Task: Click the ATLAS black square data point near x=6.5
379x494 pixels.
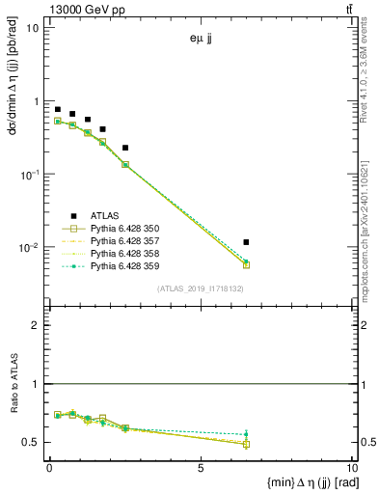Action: (x=247, y=242)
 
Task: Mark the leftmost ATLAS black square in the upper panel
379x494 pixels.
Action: (x=58, y=110)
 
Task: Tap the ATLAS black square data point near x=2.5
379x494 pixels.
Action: (x=125, y=148)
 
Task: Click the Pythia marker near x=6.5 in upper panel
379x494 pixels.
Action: (x=247, y=264)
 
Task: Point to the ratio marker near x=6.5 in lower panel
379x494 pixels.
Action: (x=247, y=444)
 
